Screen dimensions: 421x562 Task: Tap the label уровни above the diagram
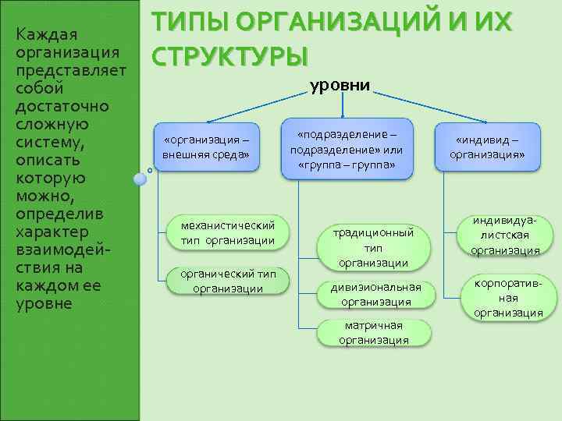[x=340, y=86]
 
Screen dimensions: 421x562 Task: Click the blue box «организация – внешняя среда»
[x=206, y=147]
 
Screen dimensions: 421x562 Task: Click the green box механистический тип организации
[x=227, y=232]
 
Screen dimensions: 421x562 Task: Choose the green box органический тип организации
[x=227, y=281]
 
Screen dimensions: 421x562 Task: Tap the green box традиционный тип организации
[x=374, y=247]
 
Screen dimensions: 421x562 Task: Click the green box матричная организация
[x=374, y=332]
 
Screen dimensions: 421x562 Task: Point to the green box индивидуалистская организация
[x=505, y=235]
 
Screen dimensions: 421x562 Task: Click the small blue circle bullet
[x=140, y=179]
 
